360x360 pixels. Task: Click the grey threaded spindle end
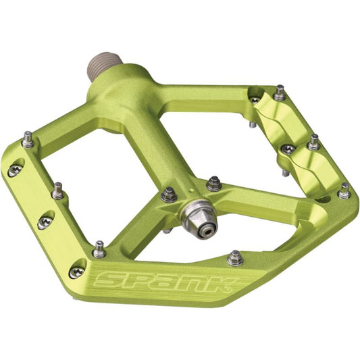pos(103,68)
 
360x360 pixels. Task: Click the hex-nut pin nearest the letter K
pos(235,257)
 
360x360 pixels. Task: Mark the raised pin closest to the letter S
pos(99,249)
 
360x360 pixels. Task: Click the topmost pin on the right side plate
pos(280,93)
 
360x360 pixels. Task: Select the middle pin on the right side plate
pos(313,143)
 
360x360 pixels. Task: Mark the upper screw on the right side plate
pos(255,99)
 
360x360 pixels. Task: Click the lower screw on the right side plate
pos(287,149)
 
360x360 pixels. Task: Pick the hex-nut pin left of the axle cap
pos(168,195)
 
